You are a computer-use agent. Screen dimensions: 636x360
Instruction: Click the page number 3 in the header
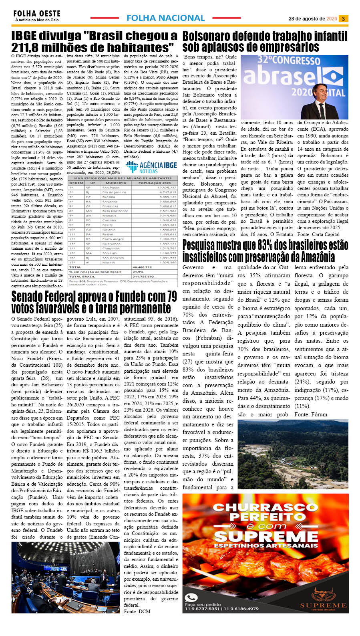[343, 19]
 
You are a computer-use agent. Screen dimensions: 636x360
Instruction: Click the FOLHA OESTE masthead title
[37, 14]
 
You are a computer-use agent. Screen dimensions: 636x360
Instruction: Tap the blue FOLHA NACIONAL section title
[165, 18]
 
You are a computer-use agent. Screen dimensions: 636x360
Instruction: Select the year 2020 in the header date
[332, 19]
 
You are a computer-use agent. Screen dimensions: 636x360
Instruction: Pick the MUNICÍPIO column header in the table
[116, 183]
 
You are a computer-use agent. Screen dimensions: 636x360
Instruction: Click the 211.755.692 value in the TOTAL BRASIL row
[143, 277]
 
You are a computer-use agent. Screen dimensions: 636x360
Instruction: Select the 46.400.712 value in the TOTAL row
[142, 267]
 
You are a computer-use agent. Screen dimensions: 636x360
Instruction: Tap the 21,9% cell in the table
[138, 272]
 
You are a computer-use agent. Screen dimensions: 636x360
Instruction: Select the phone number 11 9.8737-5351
[202, 609]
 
